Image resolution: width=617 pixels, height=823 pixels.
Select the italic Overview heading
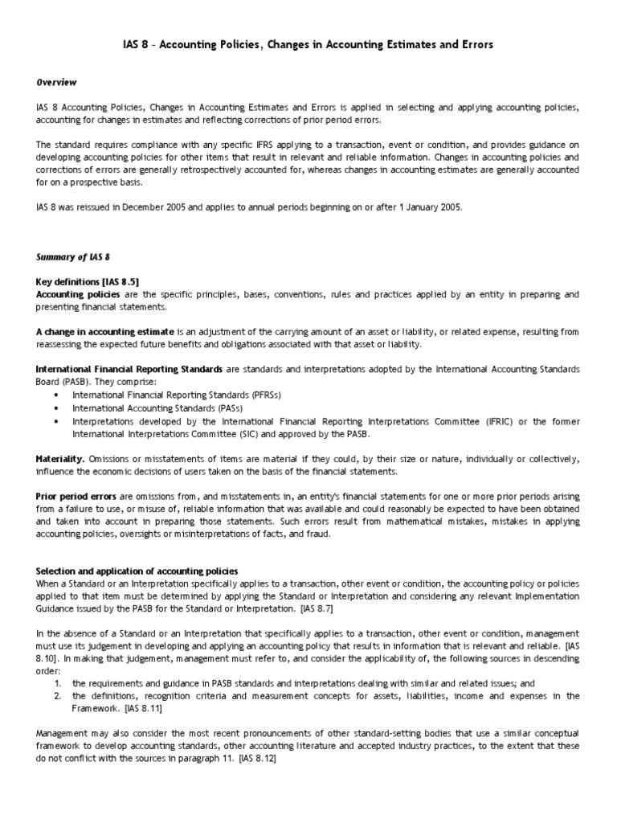point(56,82)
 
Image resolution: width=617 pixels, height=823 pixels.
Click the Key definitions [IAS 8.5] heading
point(88,282)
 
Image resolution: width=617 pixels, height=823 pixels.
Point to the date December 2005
point(163,207)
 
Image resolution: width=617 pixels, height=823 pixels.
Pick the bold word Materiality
point(61,459)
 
